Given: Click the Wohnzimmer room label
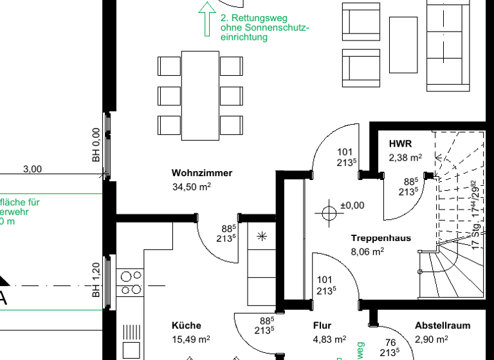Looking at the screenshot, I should coord(201,173).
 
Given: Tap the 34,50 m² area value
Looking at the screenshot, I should coord(191,186).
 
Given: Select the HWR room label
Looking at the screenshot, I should coord(399,143).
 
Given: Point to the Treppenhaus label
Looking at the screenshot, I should coord(380,238).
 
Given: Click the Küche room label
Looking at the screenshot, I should coord(187,325).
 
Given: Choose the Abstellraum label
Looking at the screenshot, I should coord(442,325).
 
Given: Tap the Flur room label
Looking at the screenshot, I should coord(322,325).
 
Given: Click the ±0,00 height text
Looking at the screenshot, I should coord(352,206).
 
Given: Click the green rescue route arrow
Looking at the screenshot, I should coord(206,19).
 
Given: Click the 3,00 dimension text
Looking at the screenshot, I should coord(32,170).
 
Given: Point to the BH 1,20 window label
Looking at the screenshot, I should coord(96,280).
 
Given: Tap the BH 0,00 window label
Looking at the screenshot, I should coord(96,145).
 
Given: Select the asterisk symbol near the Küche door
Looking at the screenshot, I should coord(262,236).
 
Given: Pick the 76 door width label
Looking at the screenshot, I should coord(390,343).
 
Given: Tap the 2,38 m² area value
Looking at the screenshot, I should coord(405,157).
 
